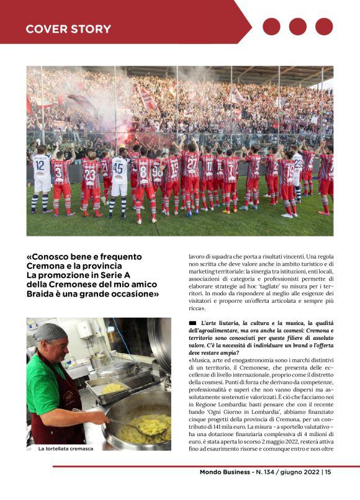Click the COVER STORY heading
(68, 29)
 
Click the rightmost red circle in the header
(324, 27)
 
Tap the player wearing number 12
(42, 180)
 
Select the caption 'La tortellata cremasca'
(66, 448)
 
